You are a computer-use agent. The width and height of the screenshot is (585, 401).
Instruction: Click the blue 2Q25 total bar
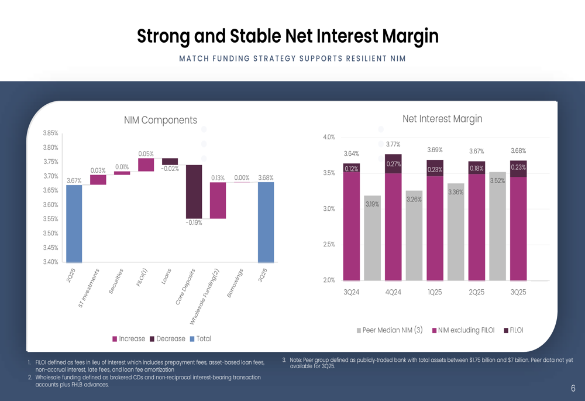74,224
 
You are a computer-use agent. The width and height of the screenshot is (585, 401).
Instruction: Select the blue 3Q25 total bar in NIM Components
266,222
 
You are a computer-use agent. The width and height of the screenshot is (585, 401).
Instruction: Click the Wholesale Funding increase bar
218,200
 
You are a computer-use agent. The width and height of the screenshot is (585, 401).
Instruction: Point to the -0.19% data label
194,223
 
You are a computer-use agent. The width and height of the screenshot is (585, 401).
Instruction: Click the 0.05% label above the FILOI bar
146,154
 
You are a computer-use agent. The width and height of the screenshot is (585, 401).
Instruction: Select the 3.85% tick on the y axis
51,133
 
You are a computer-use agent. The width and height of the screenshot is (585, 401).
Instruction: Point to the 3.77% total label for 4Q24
394,145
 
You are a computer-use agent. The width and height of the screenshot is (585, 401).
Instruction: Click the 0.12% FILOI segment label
352,169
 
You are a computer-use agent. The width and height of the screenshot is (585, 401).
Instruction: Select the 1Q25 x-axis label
435,292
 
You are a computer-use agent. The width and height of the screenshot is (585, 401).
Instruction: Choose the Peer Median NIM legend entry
389,330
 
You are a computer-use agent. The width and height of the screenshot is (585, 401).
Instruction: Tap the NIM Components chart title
160,120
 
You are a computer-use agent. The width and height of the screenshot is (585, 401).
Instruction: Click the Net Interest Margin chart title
442,119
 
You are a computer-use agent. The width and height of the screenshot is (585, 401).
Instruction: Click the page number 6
573,388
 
